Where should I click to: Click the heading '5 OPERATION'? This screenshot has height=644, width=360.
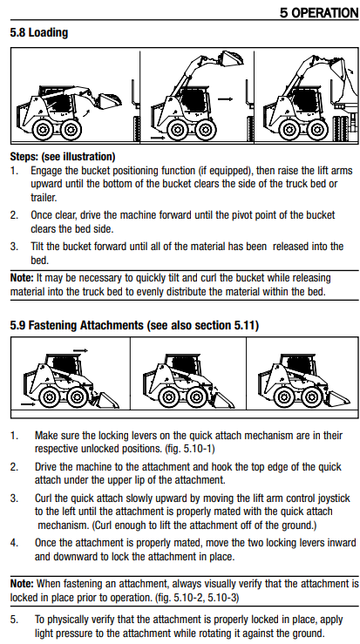319,12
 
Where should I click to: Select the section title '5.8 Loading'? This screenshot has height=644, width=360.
39,33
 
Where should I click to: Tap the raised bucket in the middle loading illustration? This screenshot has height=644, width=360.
231,58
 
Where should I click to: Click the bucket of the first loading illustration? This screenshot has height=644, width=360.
109,101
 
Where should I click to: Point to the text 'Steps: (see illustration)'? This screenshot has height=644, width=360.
63,157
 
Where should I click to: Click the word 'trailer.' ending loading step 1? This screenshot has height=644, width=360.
44,198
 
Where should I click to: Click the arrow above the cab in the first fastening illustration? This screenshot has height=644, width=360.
80,350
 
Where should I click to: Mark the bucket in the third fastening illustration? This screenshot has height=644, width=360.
339,399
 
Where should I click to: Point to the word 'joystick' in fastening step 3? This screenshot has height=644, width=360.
334,498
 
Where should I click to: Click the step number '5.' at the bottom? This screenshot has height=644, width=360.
14,620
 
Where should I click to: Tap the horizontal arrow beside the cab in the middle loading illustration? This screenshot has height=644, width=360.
225,99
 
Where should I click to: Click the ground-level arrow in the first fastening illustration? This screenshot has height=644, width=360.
28,404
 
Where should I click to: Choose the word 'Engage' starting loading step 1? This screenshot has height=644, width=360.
45,171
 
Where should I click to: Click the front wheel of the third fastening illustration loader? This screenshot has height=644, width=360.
312,397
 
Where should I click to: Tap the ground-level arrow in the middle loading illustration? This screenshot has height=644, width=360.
158,138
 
